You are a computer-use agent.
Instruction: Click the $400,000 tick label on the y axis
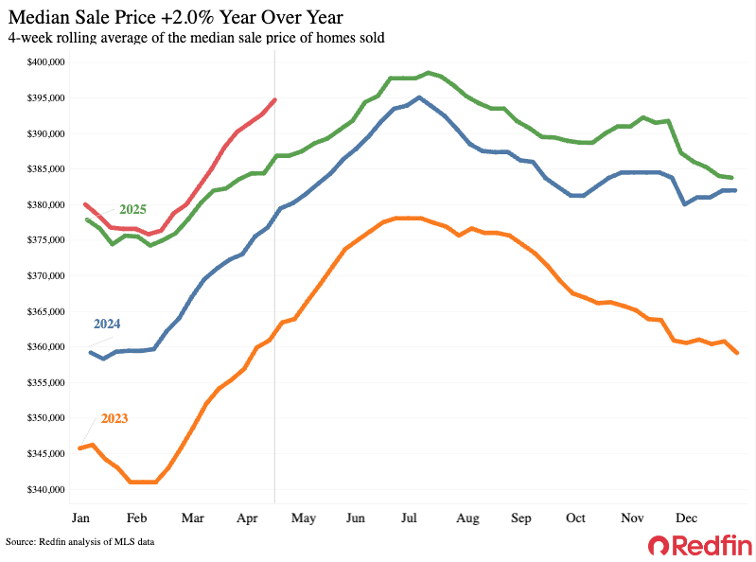click(45, 62)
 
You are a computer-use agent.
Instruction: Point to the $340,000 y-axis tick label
click(45, 489)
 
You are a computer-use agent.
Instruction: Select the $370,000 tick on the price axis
click(45, 276)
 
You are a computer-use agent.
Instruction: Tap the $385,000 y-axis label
click(45, 169)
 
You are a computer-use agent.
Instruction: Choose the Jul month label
click(410, 518)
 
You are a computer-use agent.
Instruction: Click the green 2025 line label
click(133, 208)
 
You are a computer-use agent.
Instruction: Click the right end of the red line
click(274, 99)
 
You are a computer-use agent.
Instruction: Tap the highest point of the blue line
click(419, 97)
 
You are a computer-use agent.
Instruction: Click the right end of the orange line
click(737, 353)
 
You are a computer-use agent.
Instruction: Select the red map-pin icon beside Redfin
click(658, 545)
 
